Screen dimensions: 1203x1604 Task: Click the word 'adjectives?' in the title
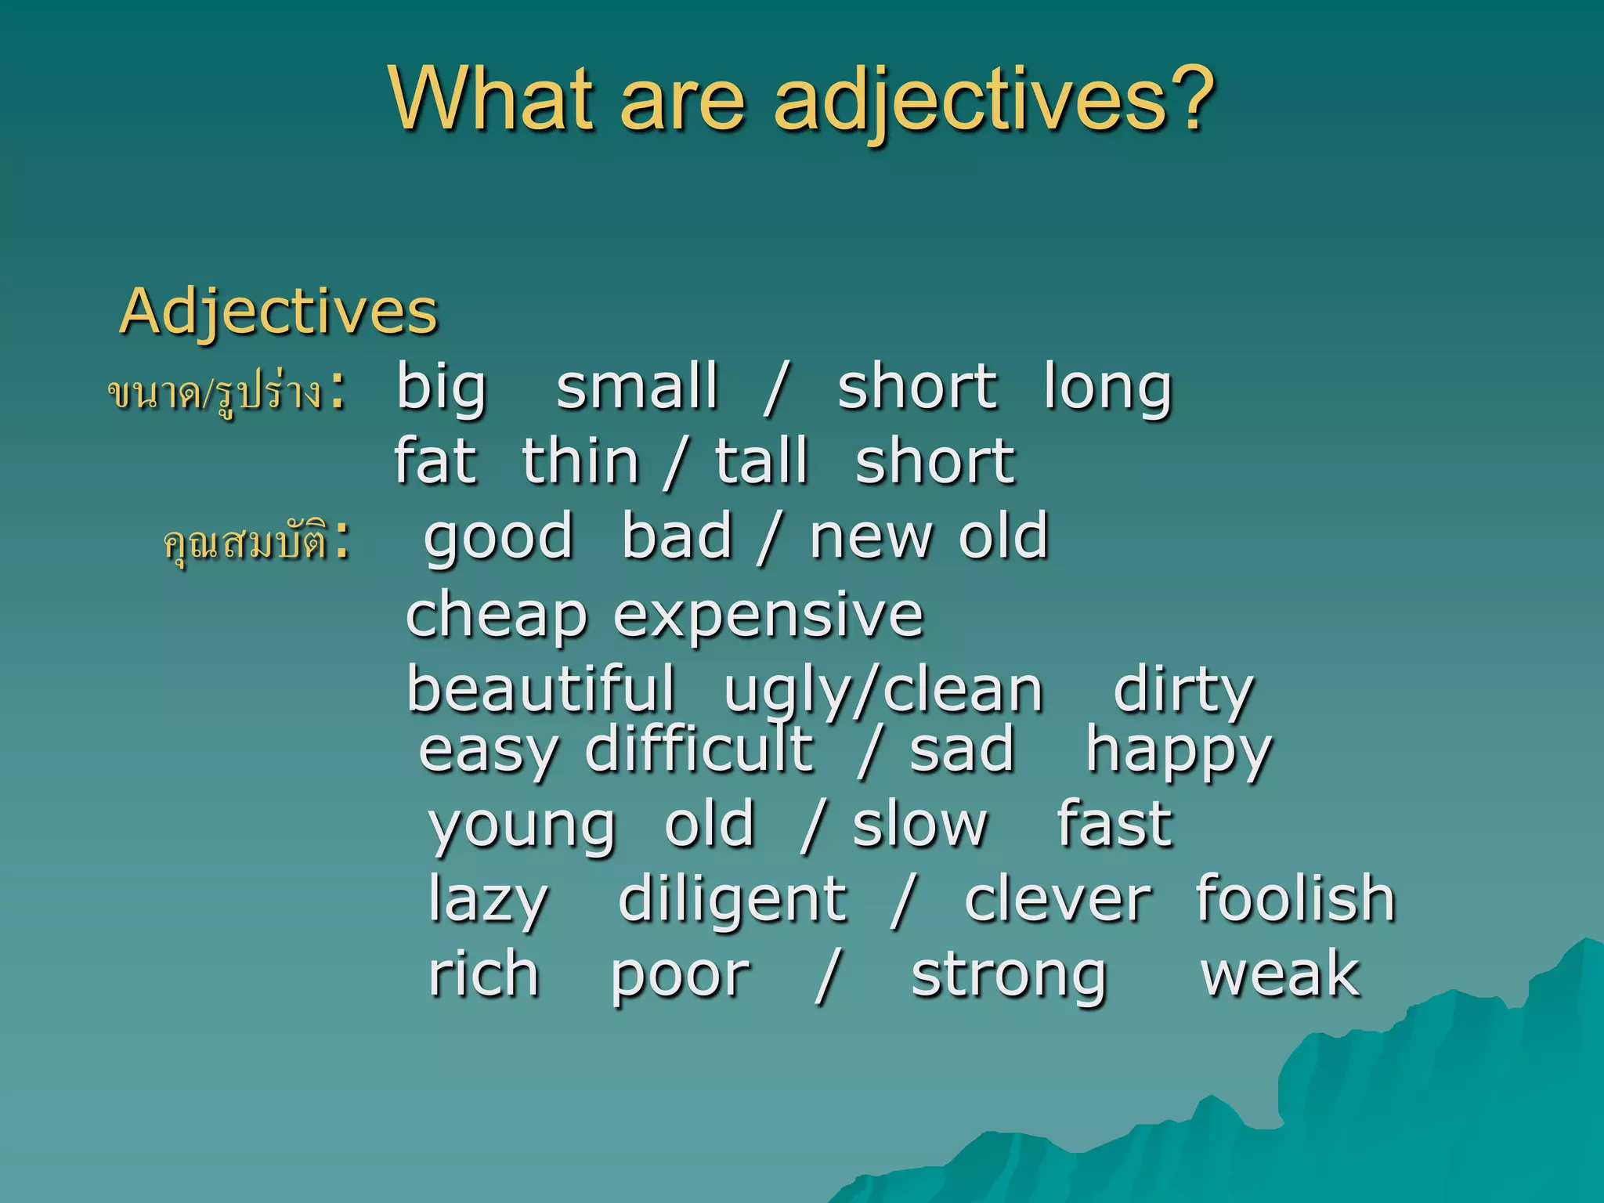993,100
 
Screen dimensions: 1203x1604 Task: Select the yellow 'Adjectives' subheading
278,311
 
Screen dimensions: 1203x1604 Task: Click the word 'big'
442,387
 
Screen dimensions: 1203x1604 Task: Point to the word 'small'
637,386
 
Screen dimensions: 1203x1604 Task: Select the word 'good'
499,537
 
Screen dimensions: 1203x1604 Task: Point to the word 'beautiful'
540,689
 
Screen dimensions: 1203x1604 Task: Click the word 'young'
522,827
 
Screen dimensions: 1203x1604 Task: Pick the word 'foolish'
1295,898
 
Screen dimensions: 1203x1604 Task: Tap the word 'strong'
1009,976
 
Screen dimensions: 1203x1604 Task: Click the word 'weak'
1281,974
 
